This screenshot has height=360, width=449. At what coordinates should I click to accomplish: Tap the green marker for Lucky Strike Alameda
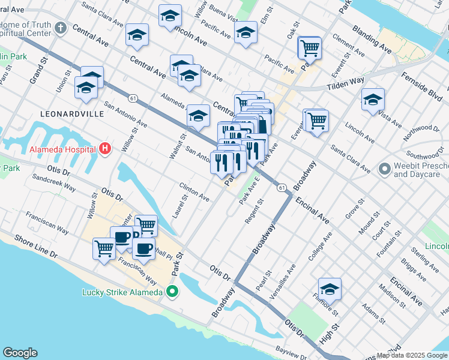pos(172,293)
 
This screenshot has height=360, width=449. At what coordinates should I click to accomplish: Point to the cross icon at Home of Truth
pos(60,28)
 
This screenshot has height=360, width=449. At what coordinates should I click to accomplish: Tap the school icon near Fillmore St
pos(330,289)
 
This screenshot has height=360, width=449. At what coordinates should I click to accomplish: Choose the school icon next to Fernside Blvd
pos(373,100)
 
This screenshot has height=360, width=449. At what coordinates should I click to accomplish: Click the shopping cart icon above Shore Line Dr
pos(104,248)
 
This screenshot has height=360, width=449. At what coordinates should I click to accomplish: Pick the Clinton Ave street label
pos(194,191)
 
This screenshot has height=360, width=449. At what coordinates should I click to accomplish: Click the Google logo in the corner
pos(20,352)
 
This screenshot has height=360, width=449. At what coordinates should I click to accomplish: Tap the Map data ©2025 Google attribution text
pos(412,355)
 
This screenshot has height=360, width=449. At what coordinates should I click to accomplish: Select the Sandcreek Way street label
pos(54,183)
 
